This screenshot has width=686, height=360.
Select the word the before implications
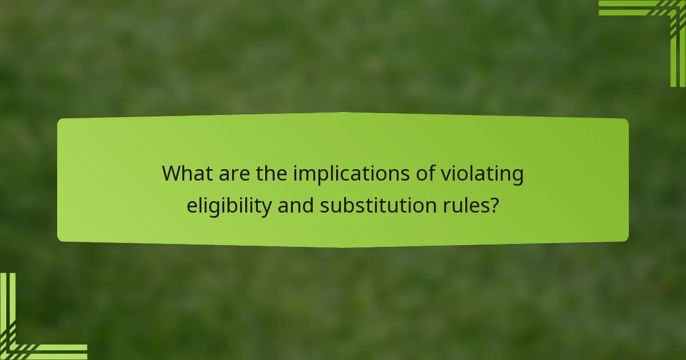tap(272, 174)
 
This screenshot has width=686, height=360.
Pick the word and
tap(296, 205)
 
